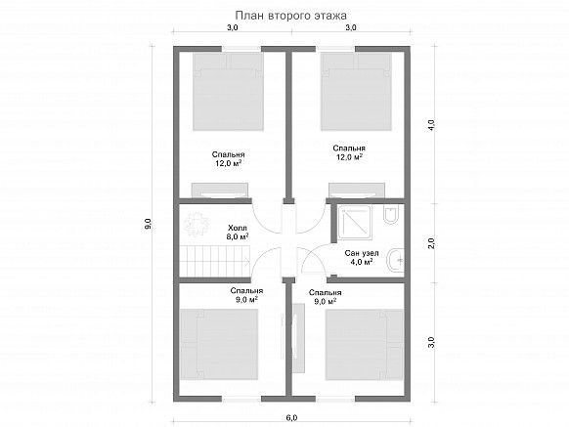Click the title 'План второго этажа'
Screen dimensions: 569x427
(290, 16)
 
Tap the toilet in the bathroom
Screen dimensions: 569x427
(391, 215)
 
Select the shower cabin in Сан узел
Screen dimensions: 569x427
(355, 223)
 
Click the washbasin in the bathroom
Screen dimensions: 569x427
(396, 260)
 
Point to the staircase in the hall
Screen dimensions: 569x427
(213, 261)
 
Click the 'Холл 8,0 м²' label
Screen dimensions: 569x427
(238, 233)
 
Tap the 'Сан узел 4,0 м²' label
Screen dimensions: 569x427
(362, 257)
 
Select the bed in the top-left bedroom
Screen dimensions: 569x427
(228, 92)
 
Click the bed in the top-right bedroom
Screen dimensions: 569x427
(356, 92)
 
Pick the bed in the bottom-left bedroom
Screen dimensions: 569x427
(219, 344)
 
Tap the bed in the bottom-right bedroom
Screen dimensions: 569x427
(365, 344)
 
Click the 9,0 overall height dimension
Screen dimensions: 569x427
(148, 224)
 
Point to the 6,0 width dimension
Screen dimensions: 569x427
(291, 417)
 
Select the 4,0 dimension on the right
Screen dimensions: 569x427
(431, 125)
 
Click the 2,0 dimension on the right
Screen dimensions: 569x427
(431, 242)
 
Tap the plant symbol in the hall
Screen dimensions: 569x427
(197, 224)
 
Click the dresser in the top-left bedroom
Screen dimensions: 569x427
(220, 191)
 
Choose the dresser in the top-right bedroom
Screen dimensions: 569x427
(357, 191)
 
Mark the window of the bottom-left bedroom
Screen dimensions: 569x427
(241, 399)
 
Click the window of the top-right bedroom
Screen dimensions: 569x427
(335, 49)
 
